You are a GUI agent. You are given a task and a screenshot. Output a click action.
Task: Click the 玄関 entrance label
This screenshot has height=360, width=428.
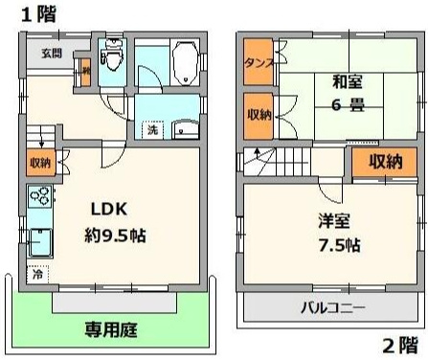pos(51,53)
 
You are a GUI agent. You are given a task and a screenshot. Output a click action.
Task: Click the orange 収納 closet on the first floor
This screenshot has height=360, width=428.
pos(39,164)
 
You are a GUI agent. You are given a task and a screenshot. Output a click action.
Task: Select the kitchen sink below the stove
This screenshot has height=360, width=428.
pos(40,239)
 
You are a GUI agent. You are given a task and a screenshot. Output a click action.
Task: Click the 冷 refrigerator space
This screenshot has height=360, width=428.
pos(38,274)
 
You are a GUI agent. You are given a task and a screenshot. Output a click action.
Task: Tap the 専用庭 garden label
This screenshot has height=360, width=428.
pos(110,331)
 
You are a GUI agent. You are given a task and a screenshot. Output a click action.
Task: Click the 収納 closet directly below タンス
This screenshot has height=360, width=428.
pos(258,115)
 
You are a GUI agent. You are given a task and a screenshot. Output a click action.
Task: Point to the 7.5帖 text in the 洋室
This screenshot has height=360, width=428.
pos(339,244)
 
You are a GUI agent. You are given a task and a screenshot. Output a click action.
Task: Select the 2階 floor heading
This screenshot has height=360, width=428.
pos(400,345)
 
